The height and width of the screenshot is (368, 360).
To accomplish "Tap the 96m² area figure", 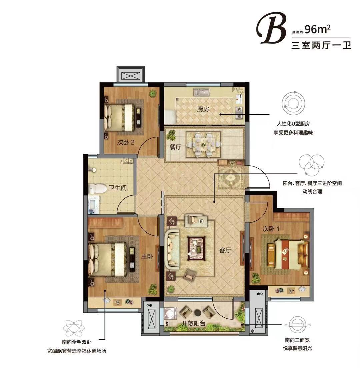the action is pyautogui.click(x=318, y=30).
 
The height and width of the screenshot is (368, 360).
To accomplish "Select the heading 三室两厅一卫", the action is pyautogui.click(x=321, y=45).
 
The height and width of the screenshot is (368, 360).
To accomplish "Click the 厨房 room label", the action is pyautogui.click(x=203, y=109).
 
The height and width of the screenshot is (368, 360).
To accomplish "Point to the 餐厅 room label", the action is pyautogui.click(x=175, y=147).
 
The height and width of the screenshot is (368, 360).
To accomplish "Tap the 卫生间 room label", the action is pyautogui.click(x=118, y=188).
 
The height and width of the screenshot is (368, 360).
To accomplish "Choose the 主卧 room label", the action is pyautogui.click(x=147, y=257).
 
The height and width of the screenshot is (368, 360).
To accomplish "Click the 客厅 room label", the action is pyautogui.click(x=225, y=250).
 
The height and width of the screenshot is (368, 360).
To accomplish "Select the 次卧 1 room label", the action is pyautogui.click(x=271, y=229).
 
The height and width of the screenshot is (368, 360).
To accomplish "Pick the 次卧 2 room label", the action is pyautogui.click(x=126, y=142).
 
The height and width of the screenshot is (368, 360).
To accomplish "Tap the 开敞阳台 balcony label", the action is pyautogui.click(x=193, y=323).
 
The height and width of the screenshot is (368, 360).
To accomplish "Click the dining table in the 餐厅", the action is pyautogui.click(x=203, y=144).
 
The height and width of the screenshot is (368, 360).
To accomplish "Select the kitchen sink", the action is pyautogui.click(x=201, y=92).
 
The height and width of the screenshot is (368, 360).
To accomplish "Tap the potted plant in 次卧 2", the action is pyautogui.click(x=153, y=94).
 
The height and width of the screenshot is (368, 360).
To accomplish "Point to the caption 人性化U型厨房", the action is pyautogui.click(x=293, y=124).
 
